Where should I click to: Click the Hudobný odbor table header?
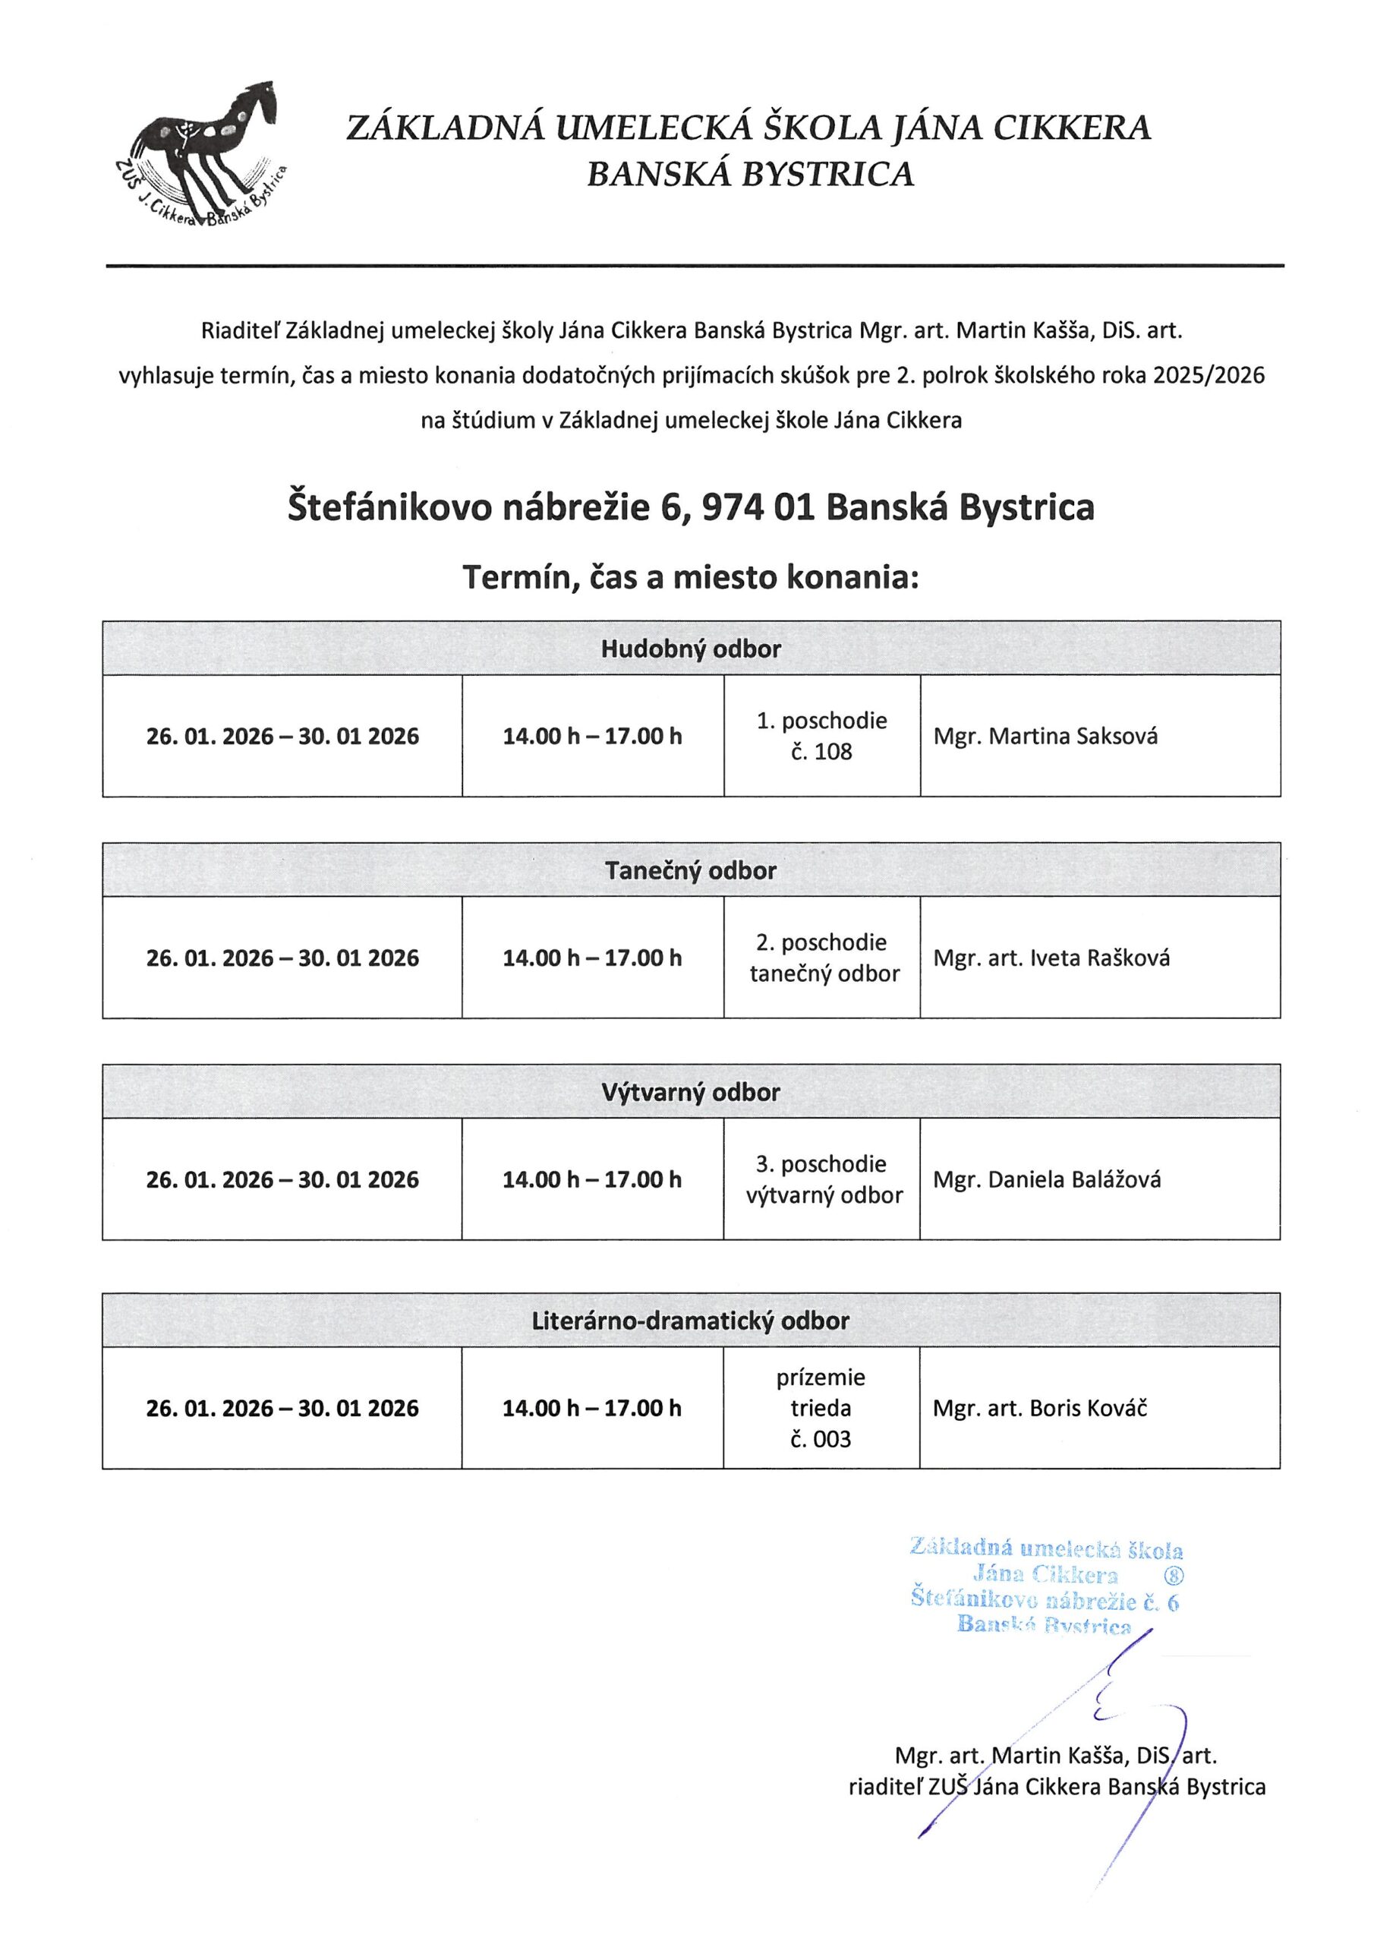[x=691, y=649]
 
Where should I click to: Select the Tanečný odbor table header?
[x=691, y=870]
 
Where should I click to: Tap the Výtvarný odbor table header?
[x=691, y=1092]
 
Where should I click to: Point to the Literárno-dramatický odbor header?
[x=691, y=1321]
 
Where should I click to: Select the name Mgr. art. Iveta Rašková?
[x=1051, y=958]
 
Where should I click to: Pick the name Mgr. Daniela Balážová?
[x=1048, y=1179]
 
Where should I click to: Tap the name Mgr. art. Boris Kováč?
[x=1041, y=1408]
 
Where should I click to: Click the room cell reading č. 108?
[x=822, y=752]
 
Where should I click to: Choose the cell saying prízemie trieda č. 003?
[x=821, y=1408]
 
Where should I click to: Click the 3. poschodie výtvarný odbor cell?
[x=822, y=1179]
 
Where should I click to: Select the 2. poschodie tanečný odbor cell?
[x=822, y=958]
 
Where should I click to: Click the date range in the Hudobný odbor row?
[x=282, y=736]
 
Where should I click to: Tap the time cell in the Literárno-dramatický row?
[x=593, y=1408]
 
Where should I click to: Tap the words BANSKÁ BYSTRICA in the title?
[x=751, y=175]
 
